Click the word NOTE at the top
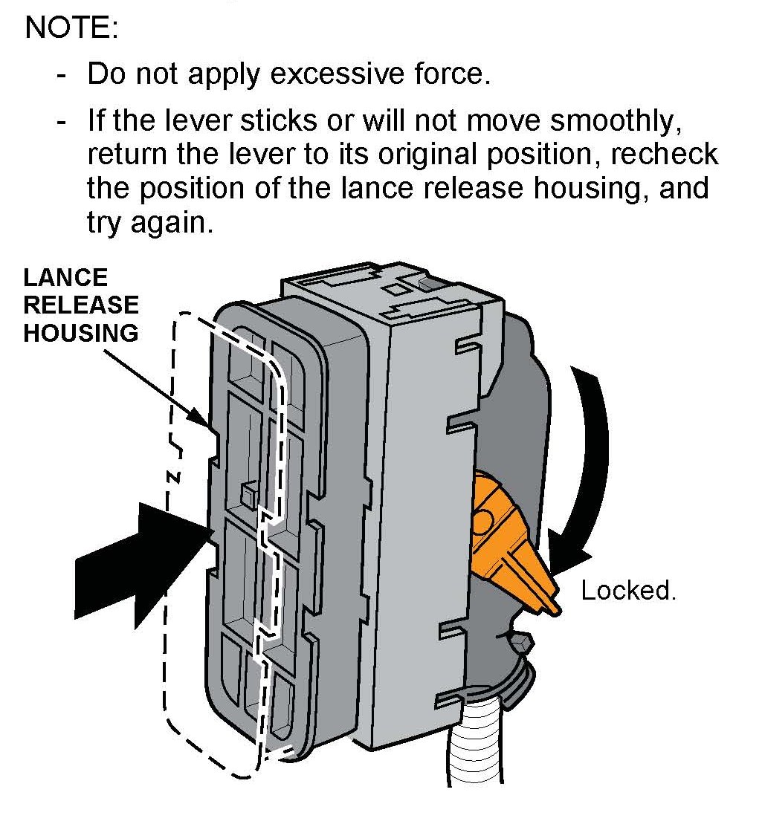pos(71,29)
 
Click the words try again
pos(149,223)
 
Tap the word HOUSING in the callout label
pos(80,332)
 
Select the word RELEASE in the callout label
pos(80,305)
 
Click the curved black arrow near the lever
pos(587,446)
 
